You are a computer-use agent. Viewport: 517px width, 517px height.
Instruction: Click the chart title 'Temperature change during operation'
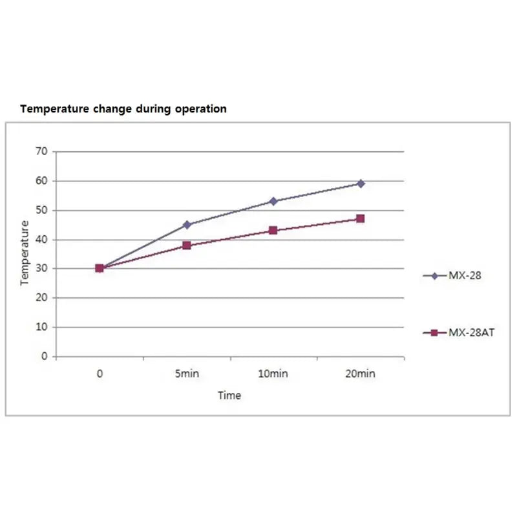click(123, 109)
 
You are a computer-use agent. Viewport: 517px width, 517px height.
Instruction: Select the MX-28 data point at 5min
click(187, 225)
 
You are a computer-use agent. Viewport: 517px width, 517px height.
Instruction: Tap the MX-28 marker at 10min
click(273, 201)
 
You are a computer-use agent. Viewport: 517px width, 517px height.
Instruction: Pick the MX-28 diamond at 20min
click(361, 184)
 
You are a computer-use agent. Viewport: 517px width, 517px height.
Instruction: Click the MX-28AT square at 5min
click(187, 246)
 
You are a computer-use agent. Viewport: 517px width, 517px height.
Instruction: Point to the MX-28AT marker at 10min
click(273, 230)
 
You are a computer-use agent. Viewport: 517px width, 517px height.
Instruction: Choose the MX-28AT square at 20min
click(361, 218)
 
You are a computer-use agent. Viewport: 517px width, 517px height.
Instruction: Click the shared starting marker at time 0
click(100, 268)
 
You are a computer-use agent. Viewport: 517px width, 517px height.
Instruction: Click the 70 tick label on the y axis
click(42, 151)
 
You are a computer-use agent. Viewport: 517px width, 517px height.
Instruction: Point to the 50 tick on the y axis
click(42, 210)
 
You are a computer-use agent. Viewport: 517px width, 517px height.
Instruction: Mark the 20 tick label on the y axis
click(42, 298)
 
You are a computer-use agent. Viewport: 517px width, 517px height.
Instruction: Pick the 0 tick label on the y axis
click(45, 356)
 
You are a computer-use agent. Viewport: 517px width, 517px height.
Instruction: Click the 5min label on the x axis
click(187, 374)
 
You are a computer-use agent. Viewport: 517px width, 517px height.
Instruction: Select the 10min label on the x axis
click(273, 374)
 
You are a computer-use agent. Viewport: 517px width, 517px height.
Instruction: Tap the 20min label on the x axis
click(361, 374)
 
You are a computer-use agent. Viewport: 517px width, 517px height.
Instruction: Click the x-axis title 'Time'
click(229, 396)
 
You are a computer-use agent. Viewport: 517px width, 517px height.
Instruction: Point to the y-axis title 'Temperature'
click(25, 253)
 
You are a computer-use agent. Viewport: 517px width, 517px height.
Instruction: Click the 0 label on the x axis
click(100, 374)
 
